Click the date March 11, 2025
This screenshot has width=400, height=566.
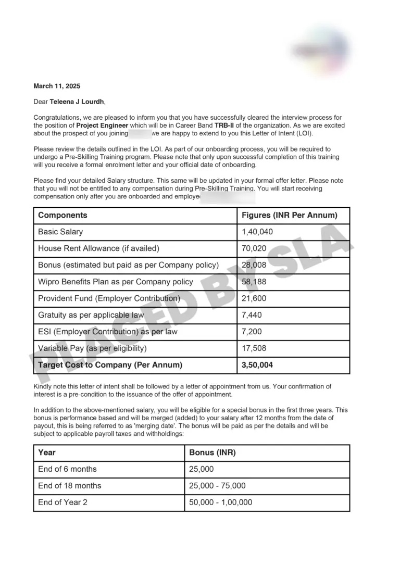point(57,86)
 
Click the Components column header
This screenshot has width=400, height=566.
point(63,215)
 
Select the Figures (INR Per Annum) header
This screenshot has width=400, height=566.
point(289,215)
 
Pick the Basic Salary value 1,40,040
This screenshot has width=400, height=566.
point(257,232)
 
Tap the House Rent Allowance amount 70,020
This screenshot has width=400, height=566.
point(254,248)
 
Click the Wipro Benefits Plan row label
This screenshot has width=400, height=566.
point(115,282)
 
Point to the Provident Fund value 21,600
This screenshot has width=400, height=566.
point(254,298)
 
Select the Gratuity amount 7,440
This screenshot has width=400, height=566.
point(252,315)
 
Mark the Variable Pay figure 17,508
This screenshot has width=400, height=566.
point(254,348)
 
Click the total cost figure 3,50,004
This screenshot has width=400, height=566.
point(257,365)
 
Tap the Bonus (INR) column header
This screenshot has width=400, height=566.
point(213,452)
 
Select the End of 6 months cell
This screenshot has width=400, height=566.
point(67,469)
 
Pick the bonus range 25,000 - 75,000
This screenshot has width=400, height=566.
point(217,486)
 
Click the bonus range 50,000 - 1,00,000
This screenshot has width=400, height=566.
point(220,502)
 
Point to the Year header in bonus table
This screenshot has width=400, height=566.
point(47,452)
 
